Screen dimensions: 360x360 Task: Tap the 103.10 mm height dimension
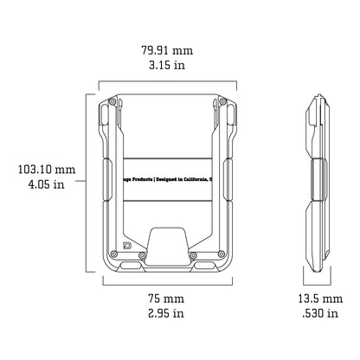(x=40, y=170)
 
